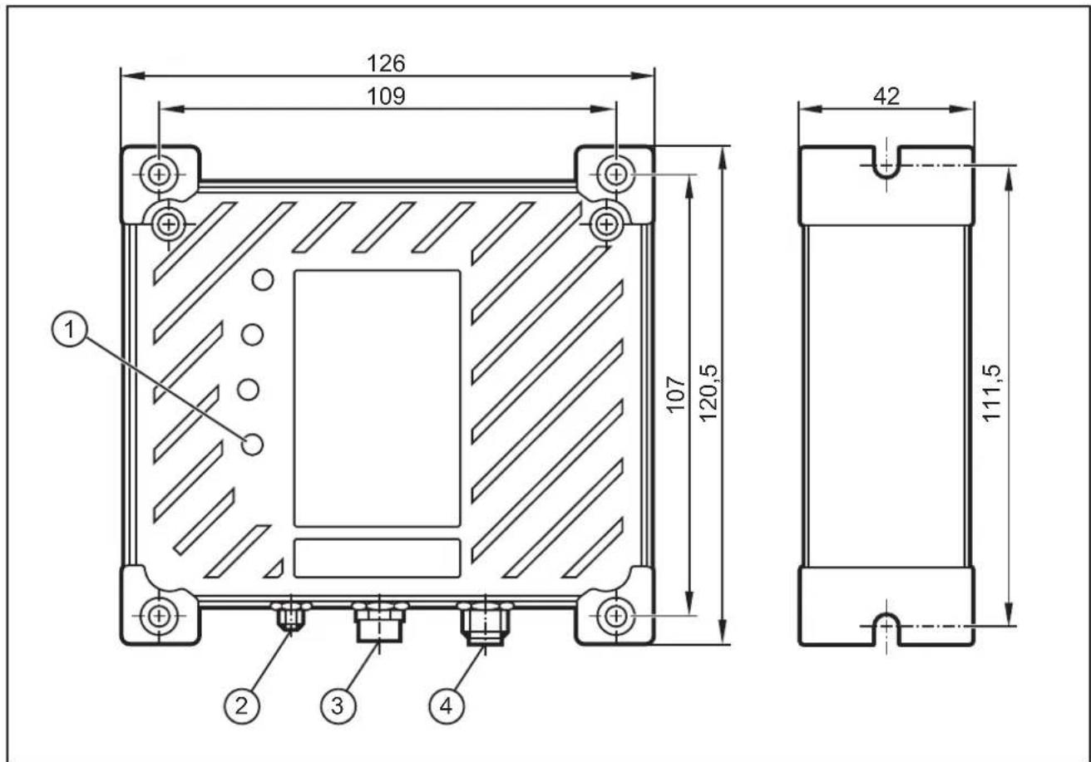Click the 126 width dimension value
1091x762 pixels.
coord(386,64)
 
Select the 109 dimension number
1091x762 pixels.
coord(386,96)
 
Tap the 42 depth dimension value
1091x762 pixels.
coord(886,96)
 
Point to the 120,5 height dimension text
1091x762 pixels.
coord(708,393)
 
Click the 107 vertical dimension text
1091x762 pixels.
coord(677,394)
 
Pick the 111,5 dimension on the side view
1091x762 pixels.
coord(992,393)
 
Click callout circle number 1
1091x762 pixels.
coord(70,331)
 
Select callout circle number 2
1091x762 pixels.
coord(241,705)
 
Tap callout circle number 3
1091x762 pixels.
coord(338,705)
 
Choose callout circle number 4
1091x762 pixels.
coord(447,705)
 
